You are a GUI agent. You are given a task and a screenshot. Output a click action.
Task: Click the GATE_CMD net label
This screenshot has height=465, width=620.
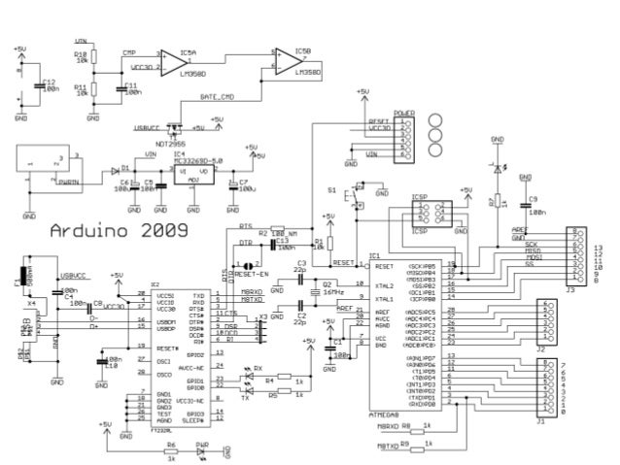tap(216, 97)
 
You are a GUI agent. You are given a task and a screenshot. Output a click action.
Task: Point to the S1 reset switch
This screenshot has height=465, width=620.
tap(356, 197)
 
